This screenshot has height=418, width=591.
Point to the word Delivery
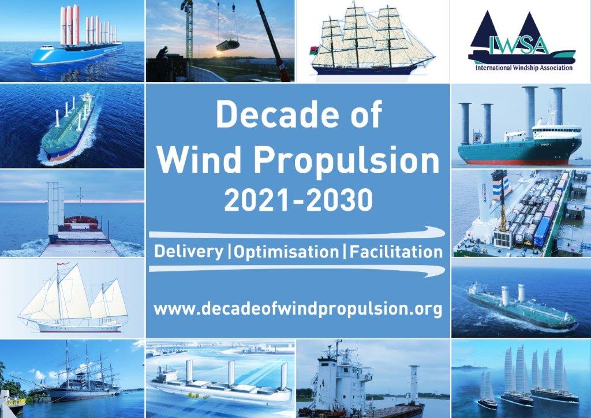point(189,252)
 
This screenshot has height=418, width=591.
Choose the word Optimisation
point(286,252)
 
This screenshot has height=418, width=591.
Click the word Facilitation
point(396,252)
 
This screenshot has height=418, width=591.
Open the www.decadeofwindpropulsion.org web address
point(298,309)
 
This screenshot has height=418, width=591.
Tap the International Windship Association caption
point(524,68)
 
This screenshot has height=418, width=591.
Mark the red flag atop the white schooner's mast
point(61,264)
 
